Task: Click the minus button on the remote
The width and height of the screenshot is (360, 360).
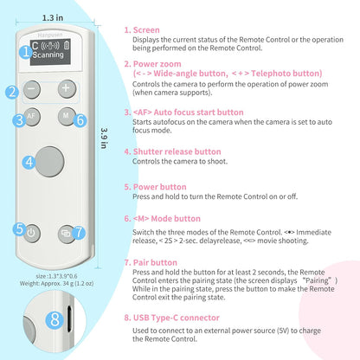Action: [x=32, y=88]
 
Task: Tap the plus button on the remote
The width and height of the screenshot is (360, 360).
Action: [x=66, y=88]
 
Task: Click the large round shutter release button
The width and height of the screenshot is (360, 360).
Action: [x=50, y=160]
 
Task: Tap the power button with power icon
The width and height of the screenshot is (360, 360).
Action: [x=32, y=232]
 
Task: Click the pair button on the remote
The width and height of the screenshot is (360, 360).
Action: [x=65, y=232]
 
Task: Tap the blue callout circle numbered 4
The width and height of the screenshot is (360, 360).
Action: [x=29, y=161]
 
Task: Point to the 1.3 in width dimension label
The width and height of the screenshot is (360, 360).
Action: [x=52, y=17]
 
